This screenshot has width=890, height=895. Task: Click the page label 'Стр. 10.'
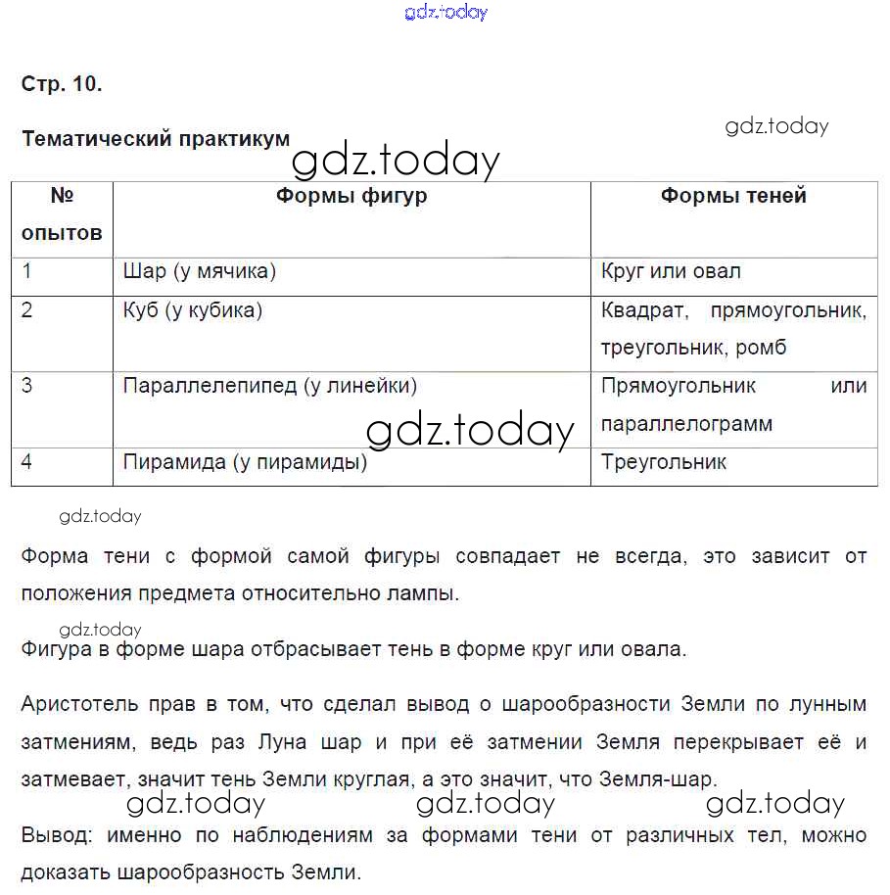point(62,84)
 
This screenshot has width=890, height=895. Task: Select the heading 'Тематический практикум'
point(156,139)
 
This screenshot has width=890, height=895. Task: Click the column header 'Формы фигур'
point(351,196)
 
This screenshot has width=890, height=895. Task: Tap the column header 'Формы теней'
point(733,196)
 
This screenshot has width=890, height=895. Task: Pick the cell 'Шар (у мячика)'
point(200,271)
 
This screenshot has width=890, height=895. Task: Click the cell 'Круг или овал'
point(671,271)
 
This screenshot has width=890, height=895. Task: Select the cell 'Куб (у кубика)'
point(193,311)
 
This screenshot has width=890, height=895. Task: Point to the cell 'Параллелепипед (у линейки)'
point(270,386)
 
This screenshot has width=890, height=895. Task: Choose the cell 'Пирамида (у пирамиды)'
point(245,462)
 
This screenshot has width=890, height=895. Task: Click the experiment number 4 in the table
point(26,462)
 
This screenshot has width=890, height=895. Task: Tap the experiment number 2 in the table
point(26,311)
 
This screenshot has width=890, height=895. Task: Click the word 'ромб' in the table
point(763,348)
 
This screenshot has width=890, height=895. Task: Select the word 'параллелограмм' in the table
point(686,424)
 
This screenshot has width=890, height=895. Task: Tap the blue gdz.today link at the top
point(445,13)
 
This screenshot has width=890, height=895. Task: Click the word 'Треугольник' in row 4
point(664,462)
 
